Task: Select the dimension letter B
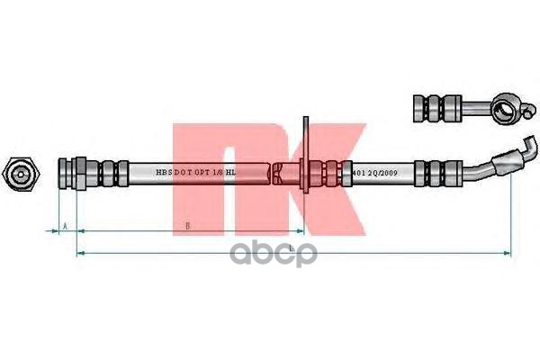point(186,226)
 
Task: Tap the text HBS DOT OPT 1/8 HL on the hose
point(195,169)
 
